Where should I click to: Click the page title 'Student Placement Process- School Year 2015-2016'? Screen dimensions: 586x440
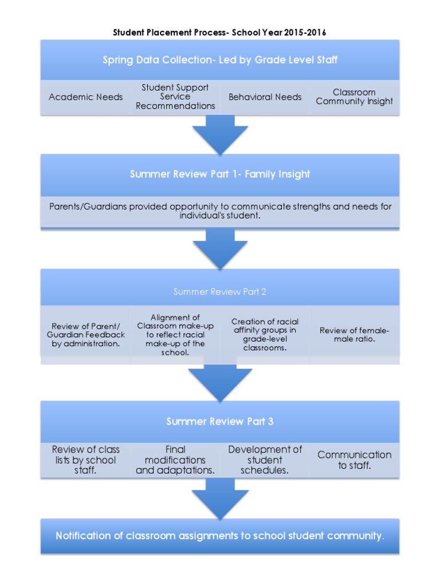tap(219, 33)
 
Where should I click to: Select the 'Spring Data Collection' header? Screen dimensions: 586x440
tap(219, 60)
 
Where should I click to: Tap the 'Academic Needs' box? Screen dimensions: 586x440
tap(85, 97)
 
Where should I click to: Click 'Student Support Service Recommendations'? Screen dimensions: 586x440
tap(175, 97)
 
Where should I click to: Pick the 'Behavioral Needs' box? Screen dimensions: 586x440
tap(265, 97)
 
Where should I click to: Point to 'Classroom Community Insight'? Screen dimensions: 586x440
tap(354, 97)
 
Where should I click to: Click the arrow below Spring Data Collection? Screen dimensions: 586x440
tap(219, 135)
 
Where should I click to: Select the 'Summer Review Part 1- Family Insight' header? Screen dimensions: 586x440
tap(219, 175)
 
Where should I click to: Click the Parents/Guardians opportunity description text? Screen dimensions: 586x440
tap(219, 211)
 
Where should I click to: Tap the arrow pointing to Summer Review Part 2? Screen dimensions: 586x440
tap(219, 249)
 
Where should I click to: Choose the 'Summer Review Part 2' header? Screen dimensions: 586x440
tap(219, 292)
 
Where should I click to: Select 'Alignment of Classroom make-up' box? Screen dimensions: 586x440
tap(175, 335)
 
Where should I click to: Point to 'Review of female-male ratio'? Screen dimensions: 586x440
tap(354, 335)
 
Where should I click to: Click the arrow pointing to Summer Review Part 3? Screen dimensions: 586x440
tap(219, 382)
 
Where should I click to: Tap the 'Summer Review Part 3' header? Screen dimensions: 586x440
tap(219, 421)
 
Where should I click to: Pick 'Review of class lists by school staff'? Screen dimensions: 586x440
tap(85, 460)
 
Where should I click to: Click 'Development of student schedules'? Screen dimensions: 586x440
tap(265, 460)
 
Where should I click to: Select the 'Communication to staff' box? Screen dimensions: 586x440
tap(354, 460)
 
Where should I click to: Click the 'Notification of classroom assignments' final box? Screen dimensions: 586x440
tap(219, 536)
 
